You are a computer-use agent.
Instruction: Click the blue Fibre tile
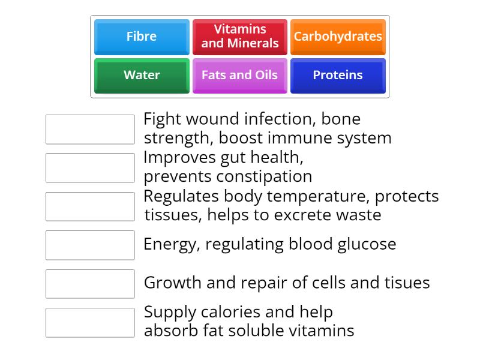[x=142, y=37]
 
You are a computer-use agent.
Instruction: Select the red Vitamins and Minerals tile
[x=240, y=37]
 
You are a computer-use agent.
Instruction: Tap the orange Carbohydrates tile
[x=338, y=37]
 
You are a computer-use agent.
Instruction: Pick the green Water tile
[x=142, y=75]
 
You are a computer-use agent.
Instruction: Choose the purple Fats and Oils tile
[x=240, y=75]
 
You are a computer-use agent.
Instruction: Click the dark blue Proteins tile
[x=338, y=75]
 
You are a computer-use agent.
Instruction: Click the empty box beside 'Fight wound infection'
[x=90, y=129]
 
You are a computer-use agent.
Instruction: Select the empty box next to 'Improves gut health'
[x=90, y=167]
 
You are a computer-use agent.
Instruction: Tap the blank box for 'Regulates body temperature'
[x=90, y=206]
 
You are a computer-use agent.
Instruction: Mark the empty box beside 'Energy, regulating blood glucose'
[x=90, y=245]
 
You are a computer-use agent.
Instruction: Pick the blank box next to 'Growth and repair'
[x=90, y=283]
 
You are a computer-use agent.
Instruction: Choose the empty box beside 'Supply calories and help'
[x=90, y=322]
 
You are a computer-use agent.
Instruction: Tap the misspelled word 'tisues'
[x=406, y=283]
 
